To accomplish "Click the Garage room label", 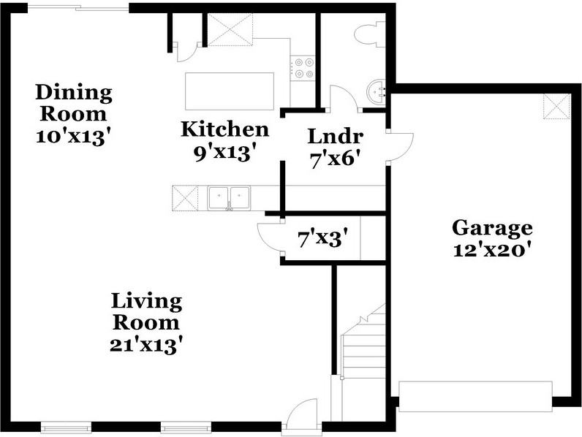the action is [492, 229].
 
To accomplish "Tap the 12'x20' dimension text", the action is [491, 251].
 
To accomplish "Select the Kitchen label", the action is [225, 129].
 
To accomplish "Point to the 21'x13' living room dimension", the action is [147, 346].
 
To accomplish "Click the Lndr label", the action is [336, 136].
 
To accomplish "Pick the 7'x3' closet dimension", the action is [323, 238].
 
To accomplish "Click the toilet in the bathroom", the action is [370, 34].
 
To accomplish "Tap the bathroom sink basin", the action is [376, 91].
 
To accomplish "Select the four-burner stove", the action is [303, 68].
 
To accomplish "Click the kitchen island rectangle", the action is [230, 91].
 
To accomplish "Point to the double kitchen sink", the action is [229, 198].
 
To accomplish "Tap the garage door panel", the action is [475, 396].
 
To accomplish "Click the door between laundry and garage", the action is [400, 148].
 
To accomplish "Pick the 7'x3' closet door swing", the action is [270, 237].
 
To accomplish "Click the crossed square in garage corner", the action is [556, 107].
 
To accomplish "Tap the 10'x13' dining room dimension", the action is [74, 137].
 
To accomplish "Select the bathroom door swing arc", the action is [344, 98].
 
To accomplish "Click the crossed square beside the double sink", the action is [185, 199].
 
